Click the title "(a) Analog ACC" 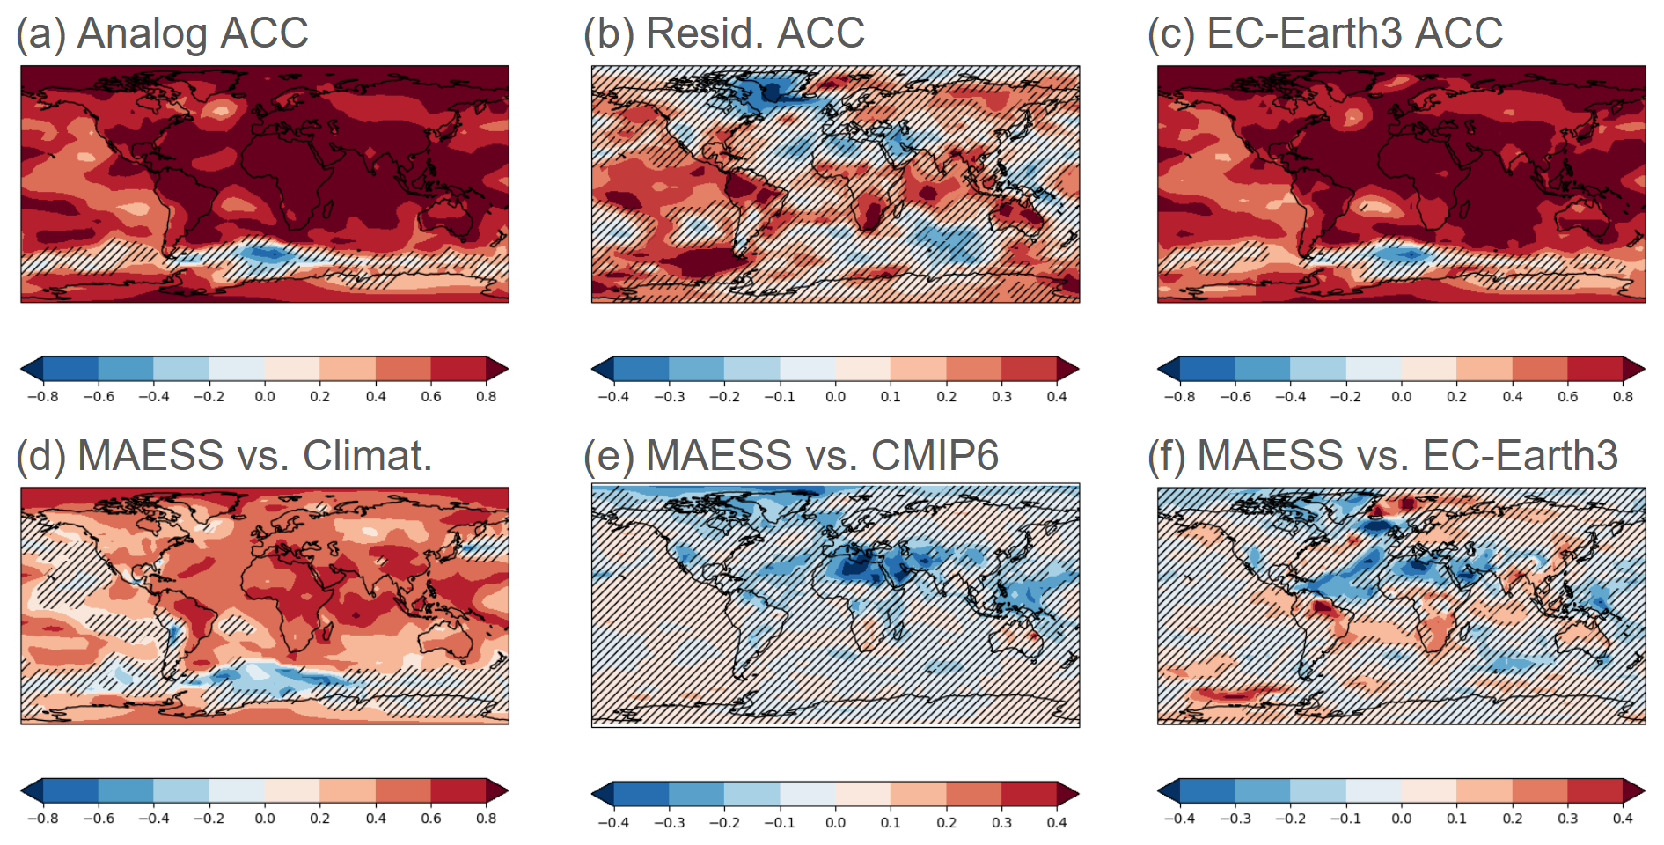163,33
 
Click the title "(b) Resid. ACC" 724,33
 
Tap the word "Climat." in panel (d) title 368,456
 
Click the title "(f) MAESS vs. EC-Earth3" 1382,456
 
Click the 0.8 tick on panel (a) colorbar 487,397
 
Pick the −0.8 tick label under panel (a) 42,397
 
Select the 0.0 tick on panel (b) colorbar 835,397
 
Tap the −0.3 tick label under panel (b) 669,397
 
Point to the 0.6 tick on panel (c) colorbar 1567,397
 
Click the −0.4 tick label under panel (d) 153,819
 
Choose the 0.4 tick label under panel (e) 1057,823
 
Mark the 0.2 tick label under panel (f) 1512,819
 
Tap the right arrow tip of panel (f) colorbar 1643,790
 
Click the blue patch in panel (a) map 268,254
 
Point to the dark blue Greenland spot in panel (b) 772,91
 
